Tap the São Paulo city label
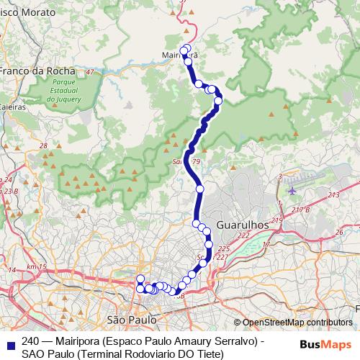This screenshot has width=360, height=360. (131, 318)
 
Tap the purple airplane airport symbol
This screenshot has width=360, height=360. (292, 191)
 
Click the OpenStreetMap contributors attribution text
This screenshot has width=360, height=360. (297, 323)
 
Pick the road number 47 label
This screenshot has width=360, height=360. (89, 73)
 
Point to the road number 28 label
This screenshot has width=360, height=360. (43, 146)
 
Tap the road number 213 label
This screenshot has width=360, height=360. (333, 195)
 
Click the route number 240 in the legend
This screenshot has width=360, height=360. (30, 341)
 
